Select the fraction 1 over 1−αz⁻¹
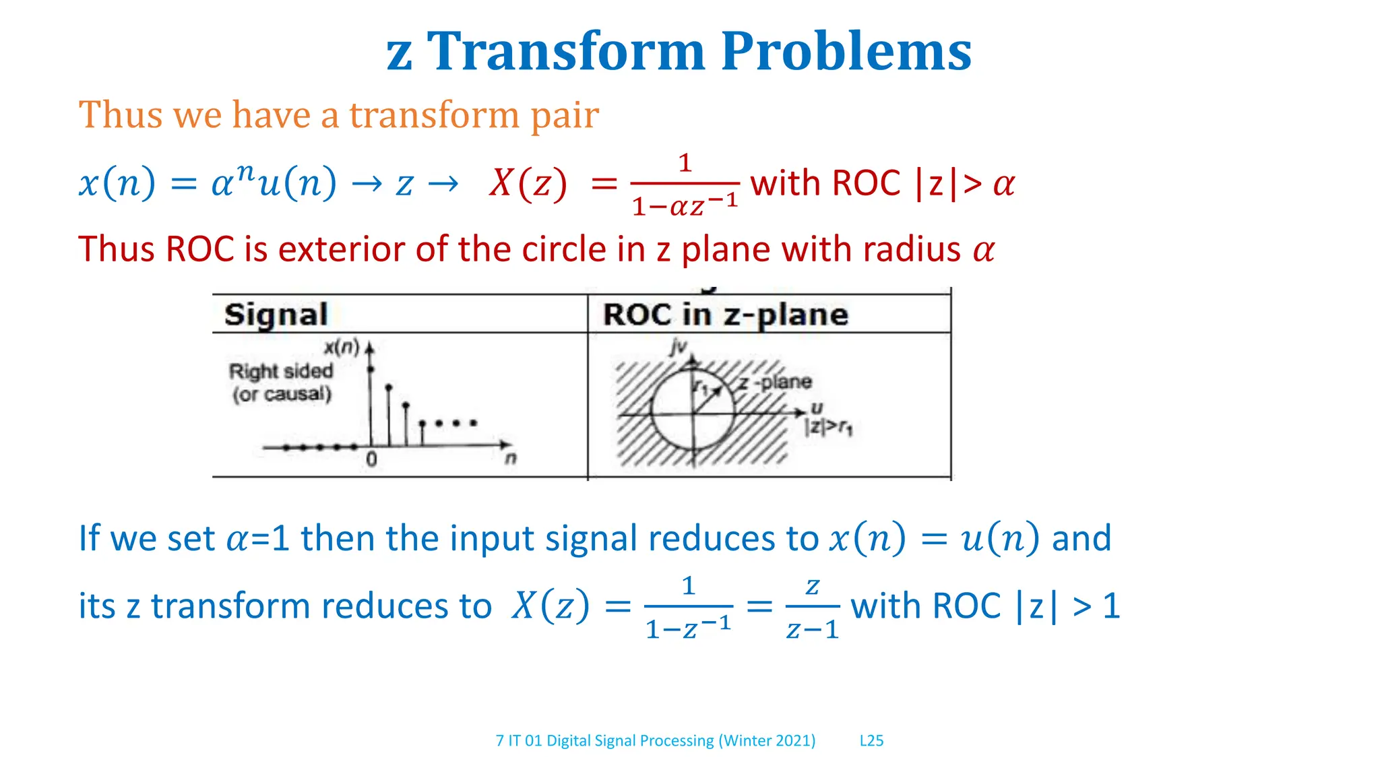click(x=685, y=184)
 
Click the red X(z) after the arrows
click(x=528, y=183)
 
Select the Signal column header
click(x=276, y=315)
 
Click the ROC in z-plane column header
click(x=725, y=315)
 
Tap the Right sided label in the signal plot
click(x=281, y=371)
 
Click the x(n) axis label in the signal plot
click(x=342, y=348)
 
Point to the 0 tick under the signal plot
click(x=371, y=459)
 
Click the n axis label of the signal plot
click(x=511, y=459)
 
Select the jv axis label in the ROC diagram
click(x=678, y=347)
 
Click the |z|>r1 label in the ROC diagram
click(x=828, y=427)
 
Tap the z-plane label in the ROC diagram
click(x=775, y=382)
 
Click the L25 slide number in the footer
click(x=871, y=740)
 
